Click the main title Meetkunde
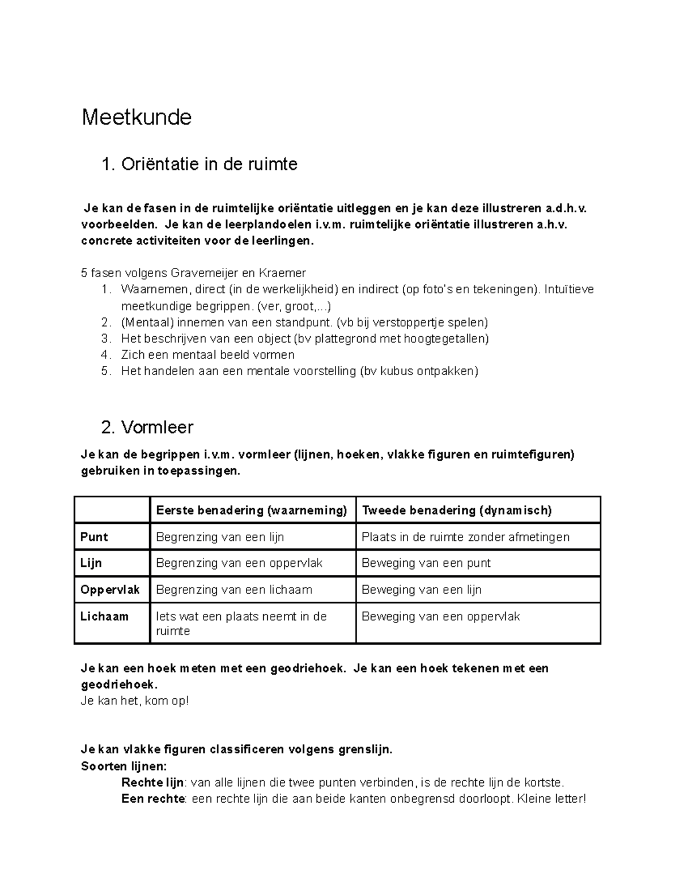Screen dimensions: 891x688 tap(136, 118)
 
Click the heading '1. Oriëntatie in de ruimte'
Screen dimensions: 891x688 tap(199, 165)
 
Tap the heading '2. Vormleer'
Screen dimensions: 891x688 tap(147, 427)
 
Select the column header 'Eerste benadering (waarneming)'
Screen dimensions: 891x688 tap(251, 510)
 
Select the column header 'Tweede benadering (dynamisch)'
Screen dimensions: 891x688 tap(456, 510)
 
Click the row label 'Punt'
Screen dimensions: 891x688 tap(94, 537)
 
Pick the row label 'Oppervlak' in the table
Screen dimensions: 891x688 tap(110, 590)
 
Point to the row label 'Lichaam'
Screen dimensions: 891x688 tap(104, 616)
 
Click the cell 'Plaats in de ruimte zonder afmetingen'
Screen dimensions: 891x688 tap(466, 537)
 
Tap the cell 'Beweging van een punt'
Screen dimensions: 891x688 tap(426, 563)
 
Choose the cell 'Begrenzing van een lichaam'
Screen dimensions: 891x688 tap(234, 590)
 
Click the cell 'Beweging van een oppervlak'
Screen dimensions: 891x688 tap(440, 616)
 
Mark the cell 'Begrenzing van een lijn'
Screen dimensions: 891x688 tap(220, 537)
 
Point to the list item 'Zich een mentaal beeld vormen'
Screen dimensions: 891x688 tap(208, 355)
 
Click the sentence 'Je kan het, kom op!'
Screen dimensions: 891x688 tap(135, 701)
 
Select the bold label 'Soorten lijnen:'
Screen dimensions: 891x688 tap(124, 767)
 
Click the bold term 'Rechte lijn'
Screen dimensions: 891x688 tap(153, 783)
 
